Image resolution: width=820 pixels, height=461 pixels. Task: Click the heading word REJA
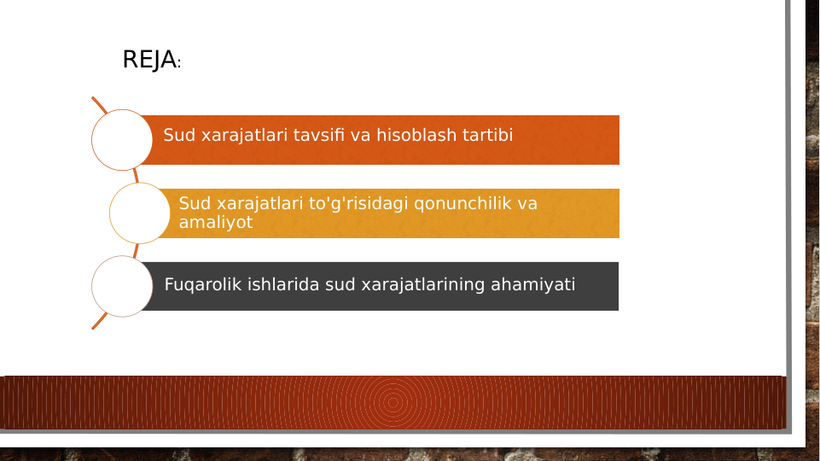click(x=148, y=60)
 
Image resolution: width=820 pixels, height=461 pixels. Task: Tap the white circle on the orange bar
click(x=122, y=140)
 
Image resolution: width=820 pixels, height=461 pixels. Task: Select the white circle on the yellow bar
click(x=140, y=213)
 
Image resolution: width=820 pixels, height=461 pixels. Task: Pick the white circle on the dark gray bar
click(x=122, y=287)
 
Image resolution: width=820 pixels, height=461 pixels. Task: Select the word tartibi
click(x=487, y=135)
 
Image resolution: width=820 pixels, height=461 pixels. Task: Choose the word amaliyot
click(x=215, y=222)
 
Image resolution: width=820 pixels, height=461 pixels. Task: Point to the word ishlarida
click(x=283, y=284)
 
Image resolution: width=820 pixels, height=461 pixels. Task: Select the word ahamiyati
click(x=532, y=284)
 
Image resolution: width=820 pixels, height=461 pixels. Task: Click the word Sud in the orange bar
click(x=178, y=135)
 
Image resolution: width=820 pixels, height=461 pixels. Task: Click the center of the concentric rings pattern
click(x=393, y=402)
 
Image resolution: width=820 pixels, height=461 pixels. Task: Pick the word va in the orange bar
click(x=360, y=135)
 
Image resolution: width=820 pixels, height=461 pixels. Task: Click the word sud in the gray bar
click(x=340, y=284)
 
